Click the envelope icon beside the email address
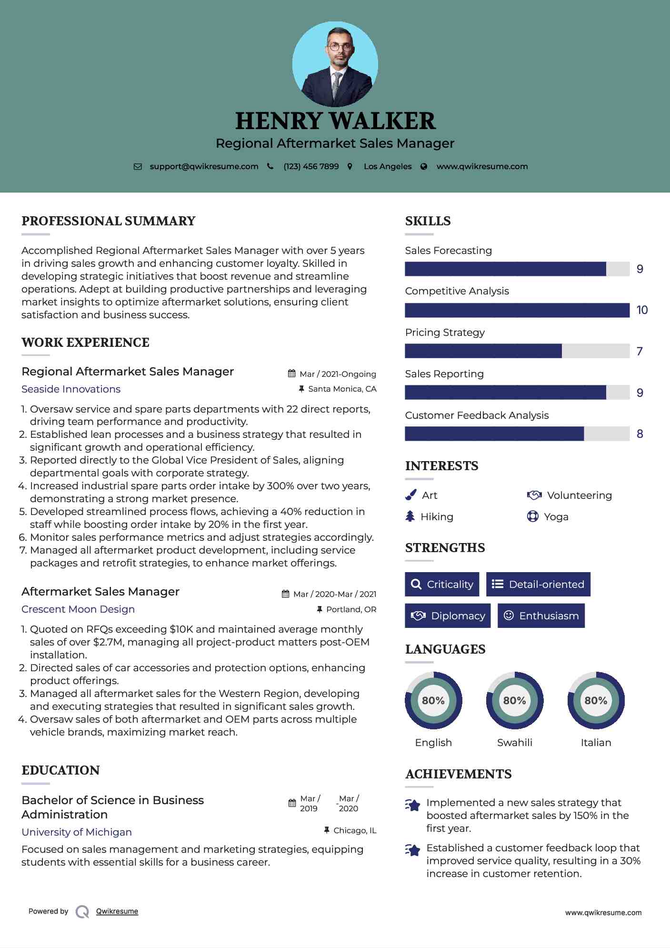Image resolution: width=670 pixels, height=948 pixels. pos(138,167)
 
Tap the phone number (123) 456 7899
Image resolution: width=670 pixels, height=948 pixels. pos(311,167)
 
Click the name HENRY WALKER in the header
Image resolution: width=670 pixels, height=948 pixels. pos(335,121)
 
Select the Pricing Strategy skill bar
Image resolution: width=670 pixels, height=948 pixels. pos(517,351)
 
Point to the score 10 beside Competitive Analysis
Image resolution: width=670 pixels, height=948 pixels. pos(642,310)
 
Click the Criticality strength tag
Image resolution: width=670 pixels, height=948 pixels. pos(442,585)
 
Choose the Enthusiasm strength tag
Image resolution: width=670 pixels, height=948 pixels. pos(541,616)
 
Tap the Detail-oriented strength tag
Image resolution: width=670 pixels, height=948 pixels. pos(538,585)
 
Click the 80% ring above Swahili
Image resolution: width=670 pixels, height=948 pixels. pos(515,701)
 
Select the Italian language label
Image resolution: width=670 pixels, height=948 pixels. pos(596,743)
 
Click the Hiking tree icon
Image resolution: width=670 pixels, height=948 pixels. pos(410,516)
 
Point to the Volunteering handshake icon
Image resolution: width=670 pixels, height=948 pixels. pos(534,495)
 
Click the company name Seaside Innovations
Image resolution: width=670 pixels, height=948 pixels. pos(71,389)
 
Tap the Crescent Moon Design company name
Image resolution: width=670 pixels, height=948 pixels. pos(78,609)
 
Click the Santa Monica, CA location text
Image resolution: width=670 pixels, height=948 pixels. pos(342,389)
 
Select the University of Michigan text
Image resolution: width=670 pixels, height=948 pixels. pos(77,832)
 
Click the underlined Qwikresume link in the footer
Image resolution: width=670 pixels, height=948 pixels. pos(117,911)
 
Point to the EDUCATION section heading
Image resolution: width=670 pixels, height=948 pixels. pos(60,770)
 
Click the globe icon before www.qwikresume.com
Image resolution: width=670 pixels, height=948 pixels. pos(424,167)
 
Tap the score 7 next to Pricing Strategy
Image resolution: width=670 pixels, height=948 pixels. pos(640,352)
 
